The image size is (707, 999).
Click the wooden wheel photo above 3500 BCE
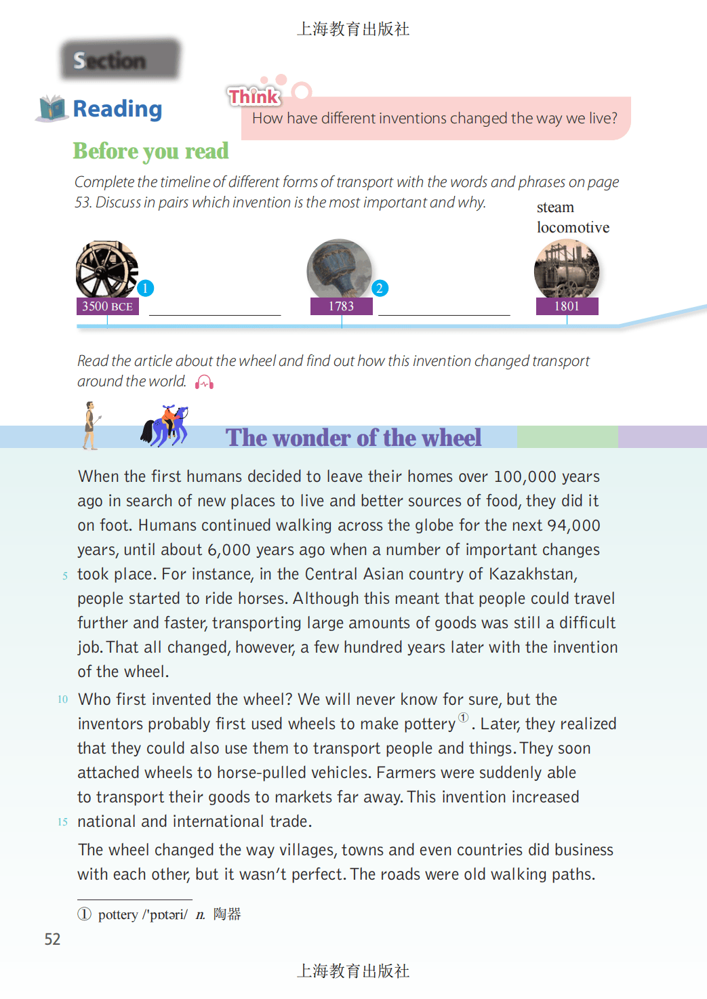tap(106, 269)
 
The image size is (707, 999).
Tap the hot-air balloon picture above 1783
tap(339, 269)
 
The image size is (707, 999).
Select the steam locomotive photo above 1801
tap(566, 270)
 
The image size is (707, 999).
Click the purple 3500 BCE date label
tap(107, 306)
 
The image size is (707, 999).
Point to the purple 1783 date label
tap(341, 306)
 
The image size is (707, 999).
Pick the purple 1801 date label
tap(567, 306)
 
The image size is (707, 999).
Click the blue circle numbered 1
tap(145, 288)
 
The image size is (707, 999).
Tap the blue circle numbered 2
tap(380, 288)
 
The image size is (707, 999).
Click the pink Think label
tap(254, 97)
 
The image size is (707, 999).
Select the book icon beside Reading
tap(52, 108)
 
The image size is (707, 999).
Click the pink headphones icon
tap(204, 383)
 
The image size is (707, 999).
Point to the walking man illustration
tap(89, 426)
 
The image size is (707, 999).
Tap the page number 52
tap(52, 939)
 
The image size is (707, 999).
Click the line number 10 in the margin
tap(62, 699)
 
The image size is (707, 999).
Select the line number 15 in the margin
tap(62, 822)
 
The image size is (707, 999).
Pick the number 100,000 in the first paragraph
tap(526, 477)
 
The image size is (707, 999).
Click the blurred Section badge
tap(119, 60)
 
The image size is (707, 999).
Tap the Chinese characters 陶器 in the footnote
tap(227, 914)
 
